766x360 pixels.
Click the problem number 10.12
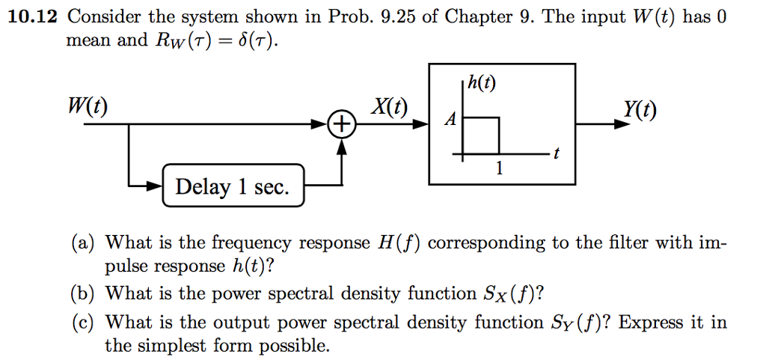(x=32, y=17)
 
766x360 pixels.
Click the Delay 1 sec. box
(x=233, y=186)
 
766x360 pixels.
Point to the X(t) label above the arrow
(x=389, y=106)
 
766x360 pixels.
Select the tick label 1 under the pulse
(x=500, y=169)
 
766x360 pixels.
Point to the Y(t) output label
(x=637, y=110)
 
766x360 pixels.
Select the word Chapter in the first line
(x=476, y=17)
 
